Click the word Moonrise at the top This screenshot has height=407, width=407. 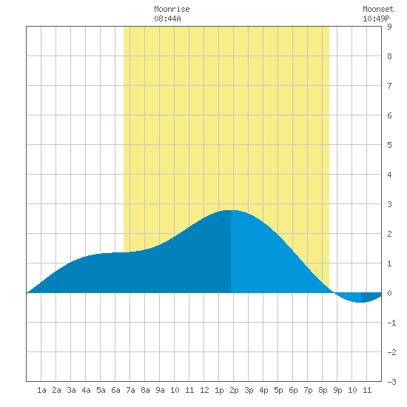(172, 9)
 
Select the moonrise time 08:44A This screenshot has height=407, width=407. (167, 18)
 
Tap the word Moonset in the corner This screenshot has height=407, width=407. (378, 9)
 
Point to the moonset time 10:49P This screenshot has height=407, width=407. (376, 18)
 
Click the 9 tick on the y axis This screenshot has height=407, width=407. (389, 27)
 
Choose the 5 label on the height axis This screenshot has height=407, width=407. (389, 145)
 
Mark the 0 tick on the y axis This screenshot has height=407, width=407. (389, 293)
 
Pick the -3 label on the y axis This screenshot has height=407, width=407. (391, 382)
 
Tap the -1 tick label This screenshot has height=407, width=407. (391, 323)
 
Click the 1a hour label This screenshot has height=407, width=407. (41, 390)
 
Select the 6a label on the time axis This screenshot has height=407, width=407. (115, 390)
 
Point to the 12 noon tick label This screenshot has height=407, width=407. (204, 390)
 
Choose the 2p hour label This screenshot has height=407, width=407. (234, 390)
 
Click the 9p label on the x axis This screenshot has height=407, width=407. (337, 390)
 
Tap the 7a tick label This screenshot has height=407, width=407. (130, 390)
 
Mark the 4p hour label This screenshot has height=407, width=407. (263, 390)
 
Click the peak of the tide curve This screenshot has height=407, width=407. (231, 210)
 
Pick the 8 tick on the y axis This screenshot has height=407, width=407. (389, 56)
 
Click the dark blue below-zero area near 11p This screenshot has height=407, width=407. (370, 297)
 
